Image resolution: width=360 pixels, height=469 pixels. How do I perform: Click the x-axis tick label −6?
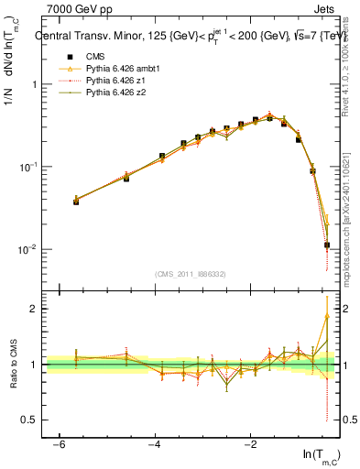(x=59, y=443)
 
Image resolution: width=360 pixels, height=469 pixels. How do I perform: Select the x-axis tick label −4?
(x=155, y=443)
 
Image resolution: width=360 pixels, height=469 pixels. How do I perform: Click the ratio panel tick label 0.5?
(x=26, y=420)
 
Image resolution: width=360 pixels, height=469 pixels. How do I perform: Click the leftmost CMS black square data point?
(x=76, y=201)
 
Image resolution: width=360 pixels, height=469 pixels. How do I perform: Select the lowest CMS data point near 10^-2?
(x=327, y=245)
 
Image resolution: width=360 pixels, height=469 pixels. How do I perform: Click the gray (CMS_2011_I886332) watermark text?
(x=191, y=275)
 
